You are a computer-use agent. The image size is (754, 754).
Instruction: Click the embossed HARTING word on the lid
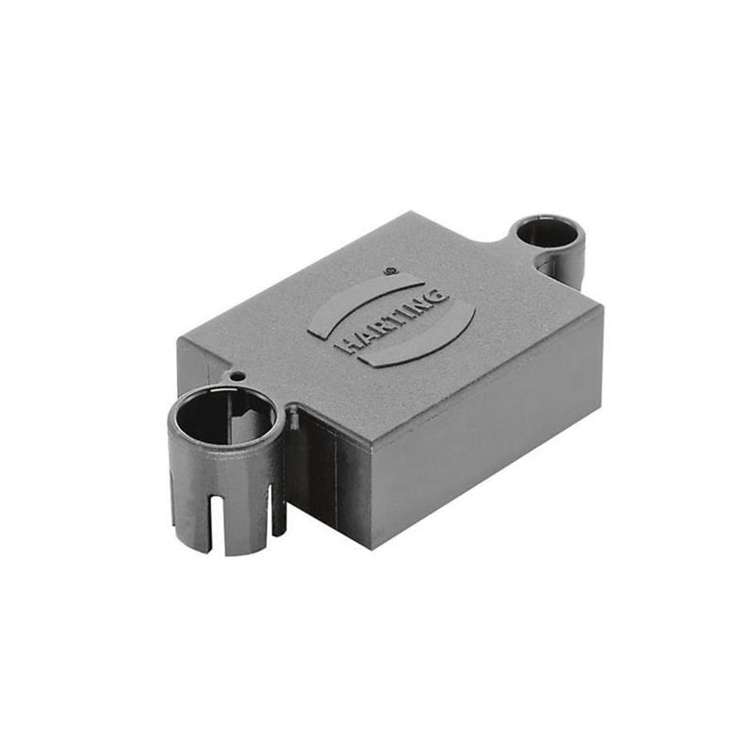pos(392,320)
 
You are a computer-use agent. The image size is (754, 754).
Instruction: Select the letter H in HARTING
pos(345,347)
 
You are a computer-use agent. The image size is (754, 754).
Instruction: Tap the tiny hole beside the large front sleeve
pos(238,376)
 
